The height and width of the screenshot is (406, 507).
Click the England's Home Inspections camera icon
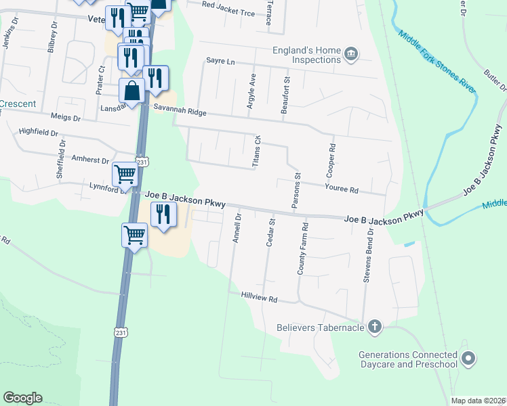tap(351, 54)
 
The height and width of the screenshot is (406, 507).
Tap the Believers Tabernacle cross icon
tap(373, 328)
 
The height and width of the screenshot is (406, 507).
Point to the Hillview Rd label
tap(260, 298)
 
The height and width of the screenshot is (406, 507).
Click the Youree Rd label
tap(341, 190)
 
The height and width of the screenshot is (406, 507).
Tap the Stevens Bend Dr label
tap(369, 255)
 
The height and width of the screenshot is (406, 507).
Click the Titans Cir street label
tap(257, 150)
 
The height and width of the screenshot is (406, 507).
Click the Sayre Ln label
tap(220, 62)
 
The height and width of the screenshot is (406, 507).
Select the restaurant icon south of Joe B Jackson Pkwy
tap(163, 215)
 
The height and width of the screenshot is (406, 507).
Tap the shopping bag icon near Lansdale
tap(132, 90)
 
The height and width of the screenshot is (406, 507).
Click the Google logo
tap(22, 398)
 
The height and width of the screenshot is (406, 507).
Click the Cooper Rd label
tap(332, 156)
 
